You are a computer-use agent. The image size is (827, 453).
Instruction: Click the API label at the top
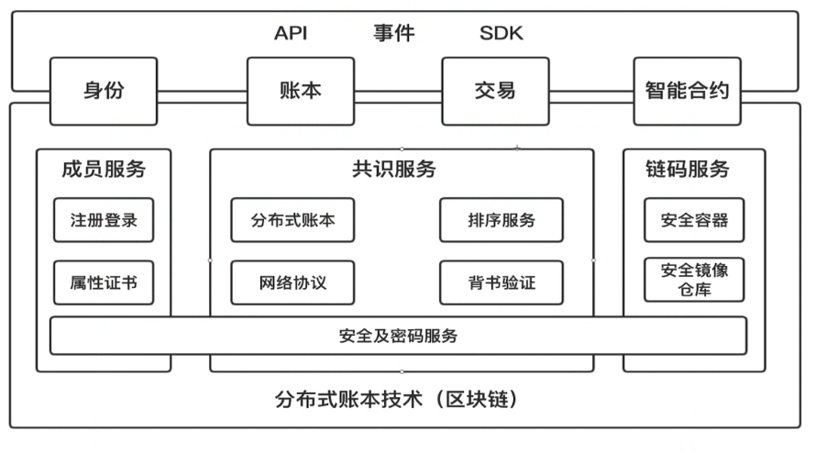point(291,34)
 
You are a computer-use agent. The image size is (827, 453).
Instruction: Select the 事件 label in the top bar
point(393,34)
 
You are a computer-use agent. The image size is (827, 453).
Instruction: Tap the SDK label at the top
point(502,34)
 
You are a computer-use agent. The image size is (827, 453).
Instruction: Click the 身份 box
point(104,91)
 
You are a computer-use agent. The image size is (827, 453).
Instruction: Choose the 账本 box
point(301,91)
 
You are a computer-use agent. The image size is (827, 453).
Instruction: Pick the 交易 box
point(495,91)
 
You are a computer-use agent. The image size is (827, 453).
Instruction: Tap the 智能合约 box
point(687,91)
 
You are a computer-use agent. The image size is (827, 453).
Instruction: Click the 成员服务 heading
point(104,170)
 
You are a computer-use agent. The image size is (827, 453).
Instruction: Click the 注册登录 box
point(104,220)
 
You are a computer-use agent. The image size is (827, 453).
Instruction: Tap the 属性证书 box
point(104,282)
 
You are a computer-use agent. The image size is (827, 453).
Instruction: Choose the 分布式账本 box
point(292,220)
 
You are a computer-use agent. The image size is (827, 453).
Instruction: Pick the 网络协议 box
point(292,283)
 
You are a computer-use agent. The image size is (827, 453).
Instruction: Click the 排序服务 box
point(502,220)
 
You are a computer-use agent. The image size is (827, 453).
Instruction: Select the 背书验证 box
point(502,283)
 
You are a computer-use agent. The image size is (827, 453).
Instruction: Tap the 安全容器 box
point(694,220)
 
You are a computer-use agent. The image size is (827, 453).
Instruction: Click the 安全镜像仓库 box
point(694,280)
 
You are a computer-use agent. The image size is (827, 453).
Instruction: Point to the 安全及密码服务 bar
point(398,336)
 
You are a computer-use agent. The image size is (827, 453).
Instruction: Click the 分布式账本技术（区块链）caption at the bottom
point(400,401)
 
